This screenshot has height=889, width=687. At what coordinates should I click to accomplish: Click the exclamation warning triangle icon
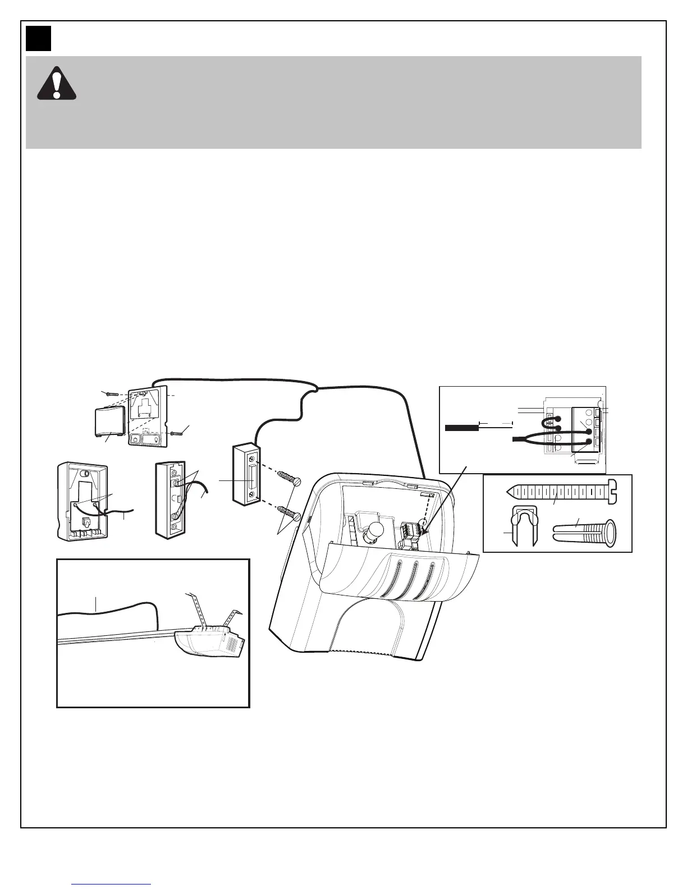(56, 84)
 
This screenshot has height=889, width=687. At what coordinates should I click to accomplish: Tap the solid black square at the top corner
(38, 38)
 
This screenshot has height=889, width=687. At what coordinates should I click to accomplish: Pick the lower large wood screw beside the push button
(290, 511)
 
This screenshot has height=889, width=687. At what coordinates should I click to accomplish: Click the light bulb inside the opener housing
(372, 530)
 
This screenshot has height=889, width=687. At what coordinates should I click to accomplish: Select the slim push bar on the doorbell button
(251, 480)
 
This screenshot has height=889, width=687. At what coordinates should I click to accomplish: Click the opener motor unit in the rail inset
(209, 642)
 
